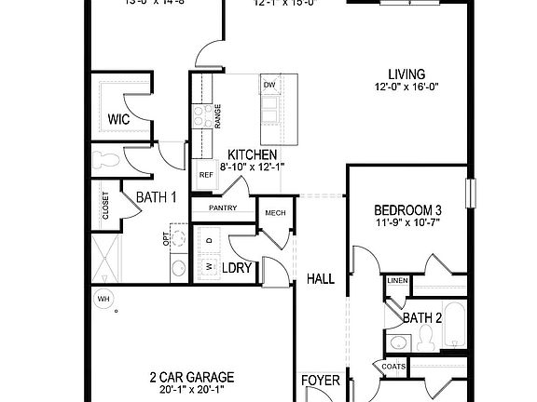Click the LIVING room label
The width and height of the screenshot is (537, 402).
click(x=407, y=74)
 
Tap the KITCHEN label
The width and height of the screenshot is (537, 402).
click(x=252, y=154)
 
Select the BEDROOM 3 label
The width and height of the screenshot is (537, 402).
click(x=407, y=209)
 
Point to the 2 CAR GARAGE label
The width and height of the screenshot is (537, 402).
click(x=191, y=377)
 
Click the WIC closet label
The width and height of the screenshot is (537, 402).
click(x=118, y=119)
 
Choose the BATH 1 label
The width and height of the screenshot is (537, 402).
click(x=156, y=197)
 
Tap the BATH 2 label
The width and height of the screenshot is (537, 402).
click(x=421, y=318)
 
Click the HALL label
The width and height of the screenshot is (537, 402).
click(x=321, y=277)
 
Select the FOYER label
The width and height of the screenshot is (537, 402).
click(x=320, y=381)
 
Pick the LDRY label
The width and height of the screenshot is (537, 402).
click(x=237, y=268)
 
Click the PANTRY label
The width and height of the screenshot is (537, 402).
click(x=223, y=208)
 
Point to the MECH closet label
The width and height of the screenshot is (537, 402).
click(x=274, y=213)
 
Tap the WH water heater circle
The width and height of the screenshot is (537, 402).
click(x=102, y=299)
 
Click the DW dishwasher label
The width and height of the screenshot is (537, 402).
click(x=269, y=86)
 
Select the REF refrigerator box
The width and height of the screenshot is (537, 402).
click(x=205, y=174)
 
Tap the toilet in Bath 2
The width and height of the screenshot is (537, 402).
click(x=428, y=342)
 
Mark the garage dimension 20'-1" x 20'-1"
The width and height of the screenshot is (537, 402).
click(x=191, y=390)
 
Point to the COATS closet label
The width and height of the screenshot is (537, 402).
click(x=392, y=366)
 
